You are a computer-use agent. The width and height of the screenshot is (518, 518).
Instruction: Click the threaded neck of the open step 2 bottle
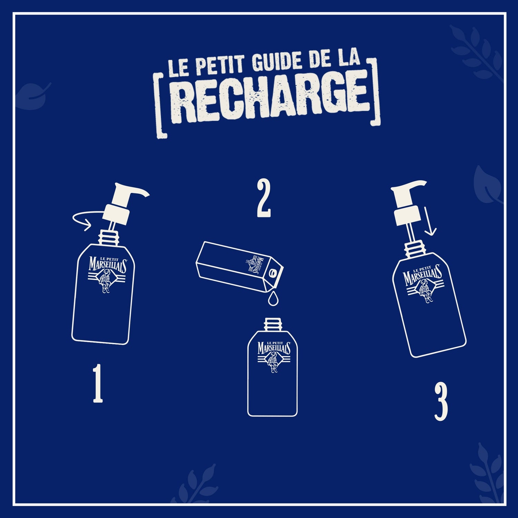(272, 325)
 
